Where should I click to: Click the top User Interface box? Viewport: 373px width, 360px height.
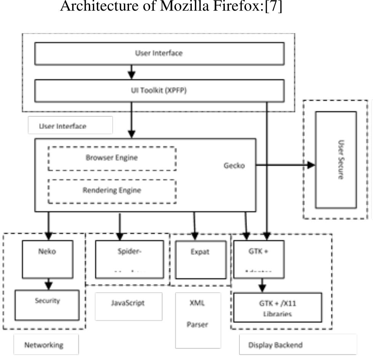tap(159, 53)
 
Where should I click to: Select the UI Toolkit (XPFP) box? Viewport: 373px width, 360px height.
tap(159, 91)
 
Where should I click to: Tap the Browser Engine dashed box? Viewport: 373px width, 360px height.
tap(112, 158)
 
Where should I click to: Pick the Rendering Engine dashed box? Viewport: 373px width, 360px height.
tap(112, 190)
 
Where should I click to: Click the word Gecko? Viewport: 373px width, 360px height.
tap(234, 166)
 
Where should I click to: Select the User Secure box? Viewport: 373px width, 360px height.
tap(336, 160)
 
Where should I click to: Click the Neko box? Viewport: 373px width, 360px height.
tap(48, 259)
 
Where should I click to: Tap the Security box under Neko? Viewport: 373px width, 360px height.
tap(47, 305)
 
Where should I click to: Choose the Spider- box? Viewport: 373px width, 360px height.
tap(132, 259)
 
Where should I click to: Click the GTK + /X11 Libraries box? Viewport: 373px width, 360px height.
tap(277, 307)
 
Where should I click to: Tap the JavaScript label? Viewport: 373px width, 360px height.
tap(128, 303)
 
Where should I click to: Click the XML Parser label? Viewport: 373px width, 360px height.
tap(198, 320)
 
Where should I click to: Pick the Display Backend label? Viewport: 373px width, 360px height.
tap(276, 345)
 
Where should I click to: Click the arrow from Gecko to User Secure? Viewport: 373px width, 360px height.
tap(285, 165)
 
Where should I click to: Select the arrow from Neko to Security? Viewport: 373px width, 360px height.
tap(48, 284)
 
